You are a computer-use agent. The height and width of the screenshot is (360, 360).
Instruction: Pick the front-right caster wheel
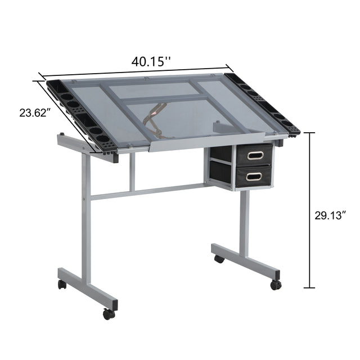click(x=275, y=285)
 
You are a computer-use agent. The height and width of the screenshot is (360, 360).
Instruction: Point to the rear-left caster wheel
click(x=62, y=284)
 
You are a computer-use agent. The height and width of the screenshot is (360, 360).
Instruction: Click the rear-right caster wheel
click(x=218, y=259)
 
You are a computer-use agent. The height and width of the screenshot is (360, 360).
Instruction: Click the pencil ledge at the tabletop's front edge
click(x=205, y=140)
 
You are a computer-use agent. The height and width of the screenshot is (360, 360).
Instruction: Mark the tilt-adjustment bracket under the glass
click(x=154, y=121)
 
